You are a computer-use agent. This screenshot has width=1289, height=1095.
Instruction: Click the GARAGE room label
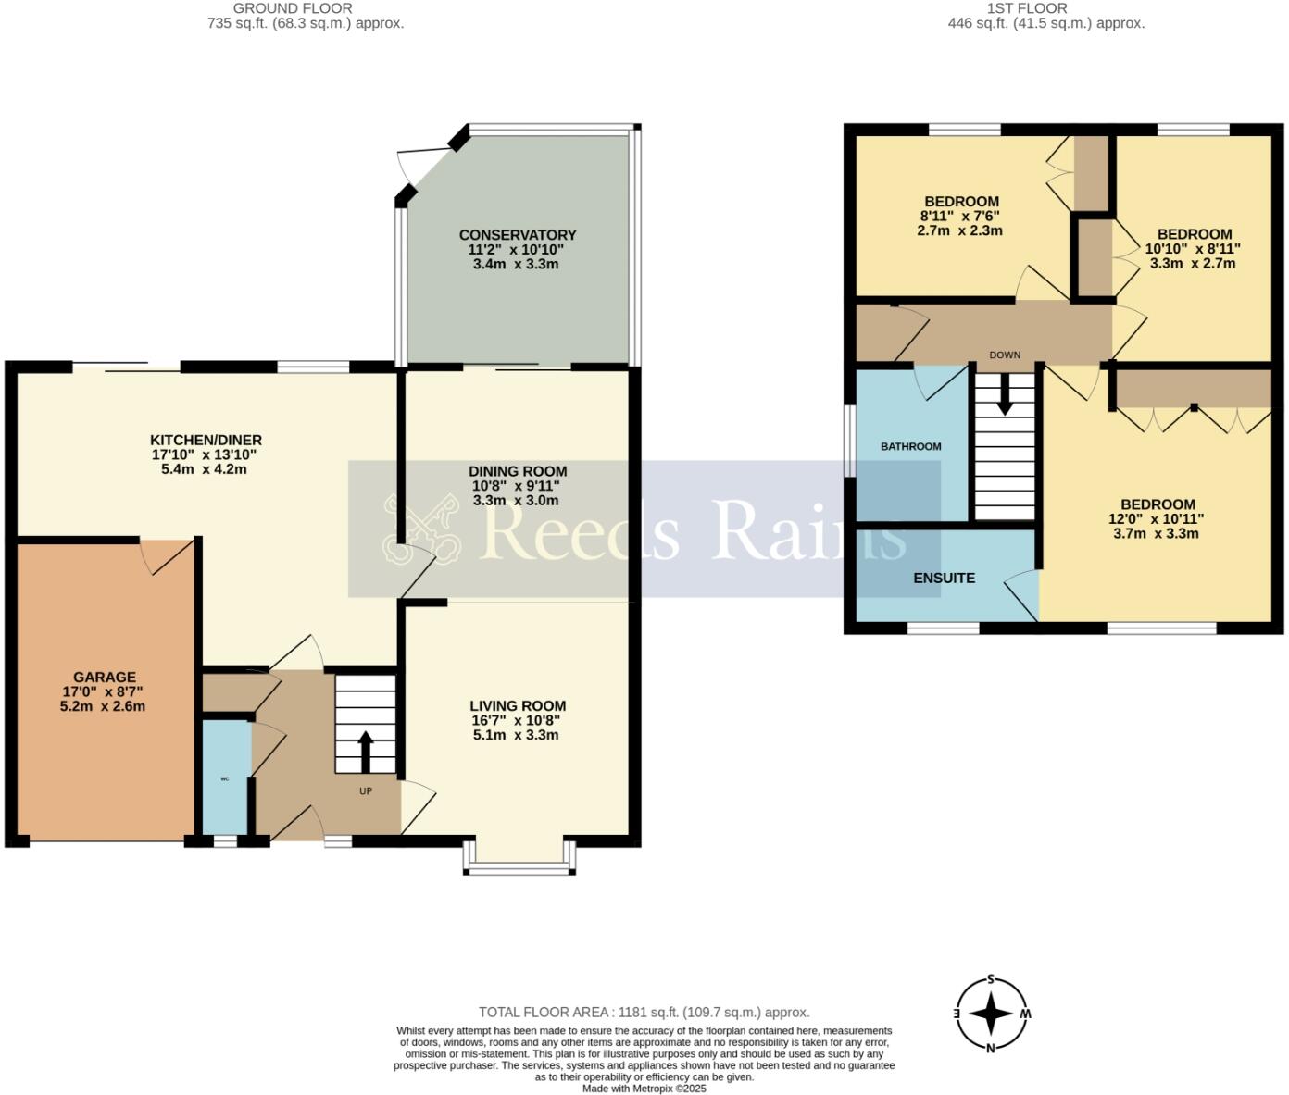[105, 677]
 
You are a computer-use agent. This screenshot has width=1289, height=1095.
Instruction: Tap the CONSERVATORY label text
[517, 235]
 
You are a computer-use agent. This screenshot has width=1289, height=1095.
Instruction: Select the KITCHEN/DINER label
[206, 440]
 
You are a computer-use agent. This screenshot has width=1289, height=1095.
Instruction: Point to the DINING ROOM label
[517, 471]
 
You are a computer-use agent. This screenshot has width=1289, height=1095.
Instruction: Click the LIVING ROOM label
[517, 705]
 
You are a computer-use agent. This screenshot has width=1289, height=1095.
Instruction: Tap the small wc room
[225, 778]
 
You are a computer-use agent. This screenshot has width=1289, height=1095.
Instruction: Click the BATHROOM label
[910, 446]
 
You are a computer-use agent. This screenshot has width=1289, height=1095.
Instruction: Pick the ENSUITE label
[944, 578]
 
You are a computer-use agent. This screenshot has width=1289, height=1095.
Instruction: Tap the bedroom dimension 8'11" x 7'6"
[960, 216]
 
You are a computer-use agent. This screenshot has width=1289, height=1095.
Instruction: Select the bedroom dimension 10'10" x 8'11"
[1193, 248]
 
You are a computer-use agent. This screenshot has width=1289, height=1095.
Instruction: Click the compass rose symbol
[991, 1014]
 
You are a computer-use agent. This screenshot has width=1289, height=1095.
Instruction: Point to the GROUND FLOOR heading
[305, 8]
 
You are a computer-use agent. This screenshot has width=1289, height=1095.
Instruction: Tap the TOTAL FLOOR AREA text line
[644, 1012]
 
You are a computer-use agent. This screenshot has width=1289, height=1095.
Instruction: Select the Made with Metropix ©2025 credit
[644, 1089]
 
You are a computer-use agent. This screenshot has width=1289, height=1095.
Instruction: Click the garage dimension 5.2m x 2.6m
[105, 706]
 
